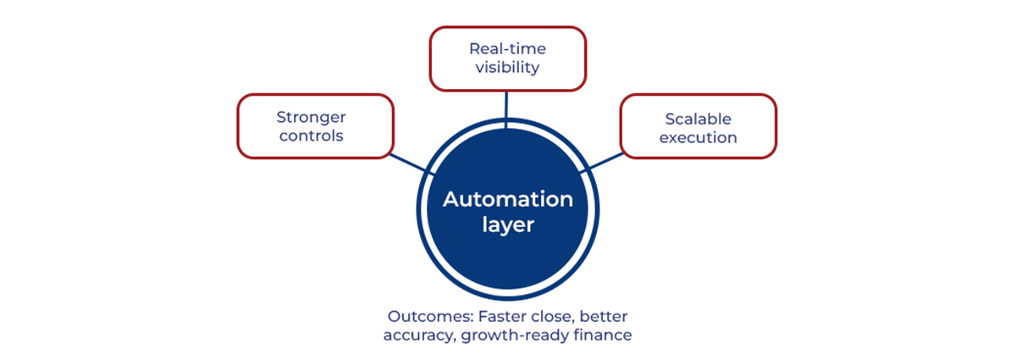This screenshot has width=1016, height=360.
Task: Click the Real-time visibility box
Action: tap(507, 58)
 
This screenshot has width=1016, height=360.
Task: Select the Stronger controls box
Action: tap(315, 125)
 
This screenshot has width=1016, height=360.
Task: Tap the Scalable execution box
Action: tap(698, 127)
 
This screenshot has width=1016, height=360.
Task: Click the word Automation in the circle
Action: tap(508, 200)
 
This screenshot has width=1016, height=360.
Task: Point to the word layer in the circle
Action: tap(508, 226)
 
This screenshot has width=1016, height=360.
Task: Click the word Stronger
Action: tap(311, 117)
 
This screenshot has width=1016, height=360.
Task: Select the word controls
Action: tap(311, 136)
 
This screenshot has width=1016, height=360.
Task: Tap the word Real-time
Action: tap(507, 49)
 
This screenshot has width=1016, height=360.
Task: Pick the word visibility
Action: tap(507, 68)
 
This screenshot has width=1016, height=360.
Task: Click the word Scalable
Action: tap(698, 119)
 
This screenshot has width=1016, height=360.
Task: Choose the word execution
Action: tap(698, 137)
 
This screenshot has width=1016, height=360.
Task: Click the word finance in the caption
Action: tap(603, 335)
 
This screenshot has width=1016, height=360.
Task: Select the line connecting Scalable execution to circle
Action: tap(605, 163)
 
